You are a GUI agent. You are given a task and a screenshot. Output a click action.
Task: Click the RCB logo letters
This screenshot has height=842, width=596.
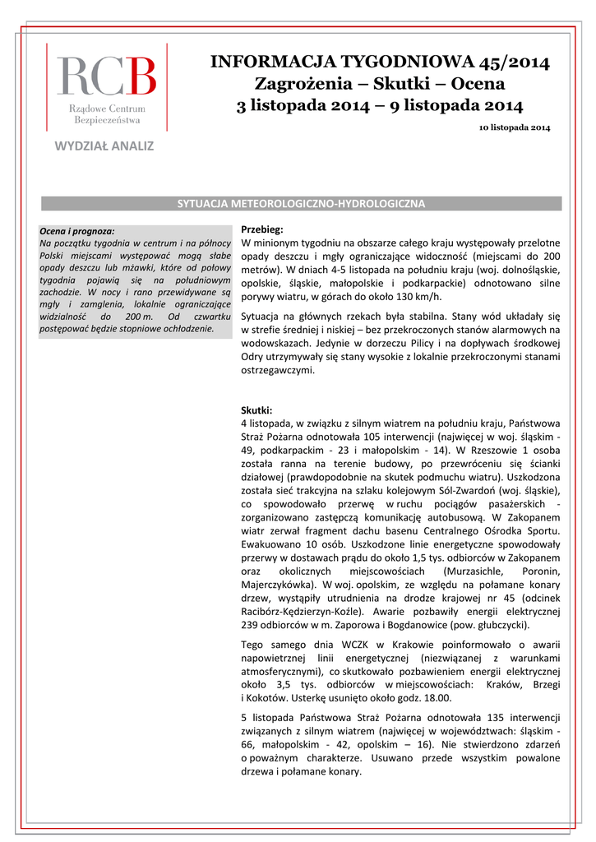[106, 76]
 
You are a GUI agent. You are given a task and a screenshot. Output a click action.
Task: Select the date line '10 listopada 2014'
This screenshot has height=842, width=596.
[515, 128]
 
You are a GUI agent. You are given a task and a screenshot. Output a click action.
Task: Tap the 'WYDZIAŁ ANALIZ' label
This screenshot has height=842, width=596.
[104, 146]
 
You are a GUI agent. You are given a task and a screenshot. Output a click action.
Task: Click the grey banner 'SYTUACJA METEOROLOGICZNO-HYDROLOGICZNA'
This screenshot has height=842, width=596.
[301, 203]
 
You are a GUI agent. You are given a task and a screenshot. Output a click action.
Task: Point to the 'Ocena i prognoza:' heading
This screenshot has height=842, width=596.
[77, 231]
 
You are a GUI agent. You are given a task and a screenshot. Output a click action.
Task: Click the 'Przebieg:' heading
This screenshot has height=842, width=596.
[261, 229]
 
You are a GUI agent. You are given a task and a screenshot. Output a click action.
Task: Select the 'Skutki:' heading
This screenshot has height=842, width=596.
[256, 409]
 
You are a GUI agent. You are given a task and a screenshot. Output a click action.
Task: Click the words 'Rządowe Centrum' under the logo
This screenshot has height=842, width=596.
[107, 109]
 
